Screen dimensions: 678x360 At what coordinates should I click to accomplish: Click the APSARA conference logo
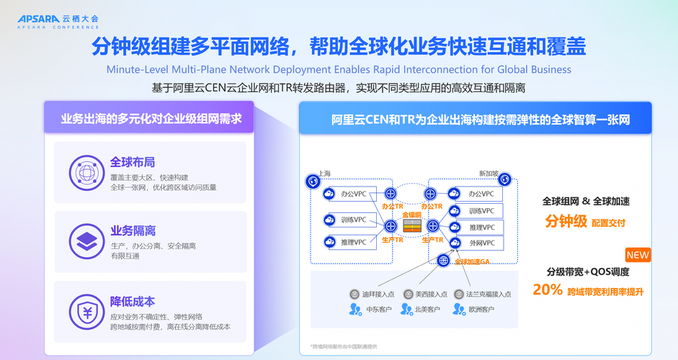(58, 21)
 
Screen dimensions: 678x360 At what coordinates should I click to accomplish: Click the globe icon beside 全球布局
(86, 174)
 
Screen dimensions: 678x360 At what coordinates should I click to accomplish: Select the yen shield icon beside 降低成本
(86, 312)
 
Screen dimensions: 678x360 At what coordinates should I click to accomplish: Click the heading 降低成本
(133, 301)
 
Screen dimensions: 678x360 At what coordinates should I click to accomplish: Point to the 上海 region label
(324, 174)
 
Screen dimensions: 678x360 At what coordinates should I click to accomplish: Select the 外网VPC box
(481, 243)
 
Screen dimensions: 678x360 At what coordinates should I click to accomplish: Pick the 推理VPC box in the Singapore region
(481, 228)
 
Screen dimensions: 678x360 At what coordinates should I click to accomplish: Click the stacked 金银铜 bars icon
(411, 225)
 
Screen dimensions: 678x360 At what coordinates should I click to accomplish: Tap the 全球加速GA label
(472, 261)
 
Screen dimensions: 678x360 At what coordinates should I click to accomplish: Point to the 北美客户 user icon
(407, 309)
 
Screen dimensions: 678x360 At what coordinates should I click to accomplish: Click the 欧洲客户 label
(481, 310)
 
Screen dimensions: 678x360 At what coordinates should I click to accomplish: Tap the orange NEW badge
(638, 255)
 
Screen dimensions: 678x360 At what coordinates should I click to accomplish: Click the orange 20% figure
(547, 289)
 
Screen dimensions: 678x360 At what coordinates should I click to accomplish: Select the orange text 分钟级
(566, 221)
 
